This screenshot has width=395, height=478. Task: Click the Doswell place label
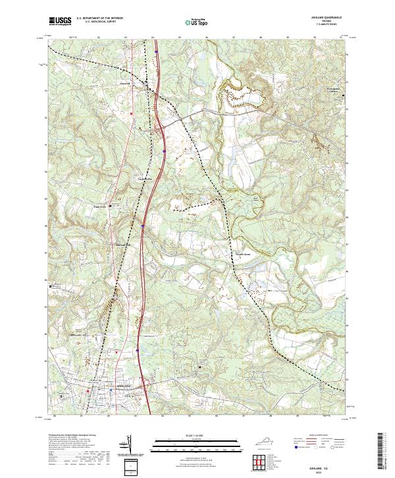pos(125,84)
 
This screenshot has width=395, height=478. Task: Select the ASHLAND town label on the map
pos(124,384)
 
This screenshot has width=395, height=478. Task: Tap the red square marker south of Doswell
pos(132,113)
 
